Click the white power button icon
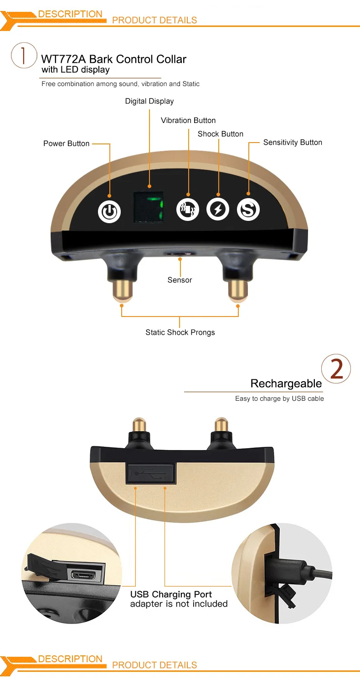point(109,212)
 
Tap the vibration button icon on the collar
point(188,210)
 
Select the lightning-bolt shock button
point(218,210)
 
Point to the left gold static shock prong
point(122,291)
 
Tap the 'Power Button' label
point(67,143)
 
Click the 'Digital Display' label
point(149,101)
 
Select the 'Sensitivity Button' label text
point(293,143)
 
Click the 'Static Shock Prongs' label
point(180,332)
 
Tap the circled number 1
point(24,56)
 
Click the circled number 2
point(336,368)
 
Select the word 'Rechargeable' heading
point(286,383)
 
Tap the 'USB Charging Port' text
point(171,594)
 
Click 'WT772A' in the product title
point(63,59)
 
